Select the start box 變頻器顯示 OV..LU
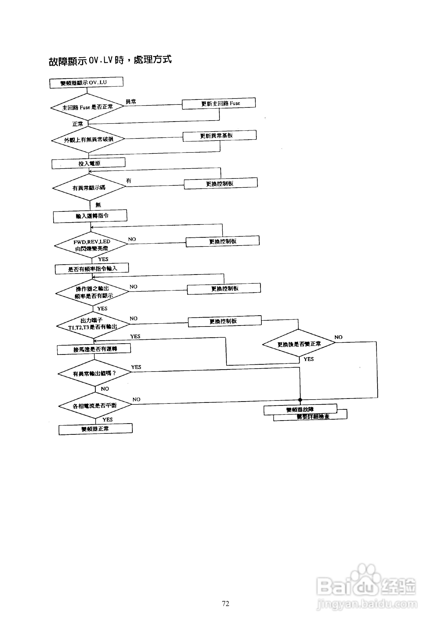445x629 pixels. click(86, 83)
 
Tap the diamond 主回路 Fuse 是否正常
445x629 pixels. click(87, 107)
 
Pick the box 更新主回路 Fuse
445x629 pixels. click(219, 103)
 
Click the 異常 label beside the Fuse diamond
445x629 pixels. click(131, 102)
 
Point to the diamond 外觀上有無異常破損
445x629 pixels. click(88, 140)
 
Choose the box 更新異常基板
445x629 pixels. click(220, 136)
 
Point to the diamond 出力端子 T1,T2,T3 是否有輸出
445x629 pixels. click(93, 324)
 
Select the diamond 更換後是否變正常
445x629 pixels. click(299, 344)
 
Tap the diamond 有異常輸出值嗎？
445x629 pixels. click(95, 373)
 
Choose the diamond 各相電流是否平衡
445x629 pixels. click(95, 405)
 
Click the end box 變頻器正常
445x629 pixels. click(96, 429)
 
